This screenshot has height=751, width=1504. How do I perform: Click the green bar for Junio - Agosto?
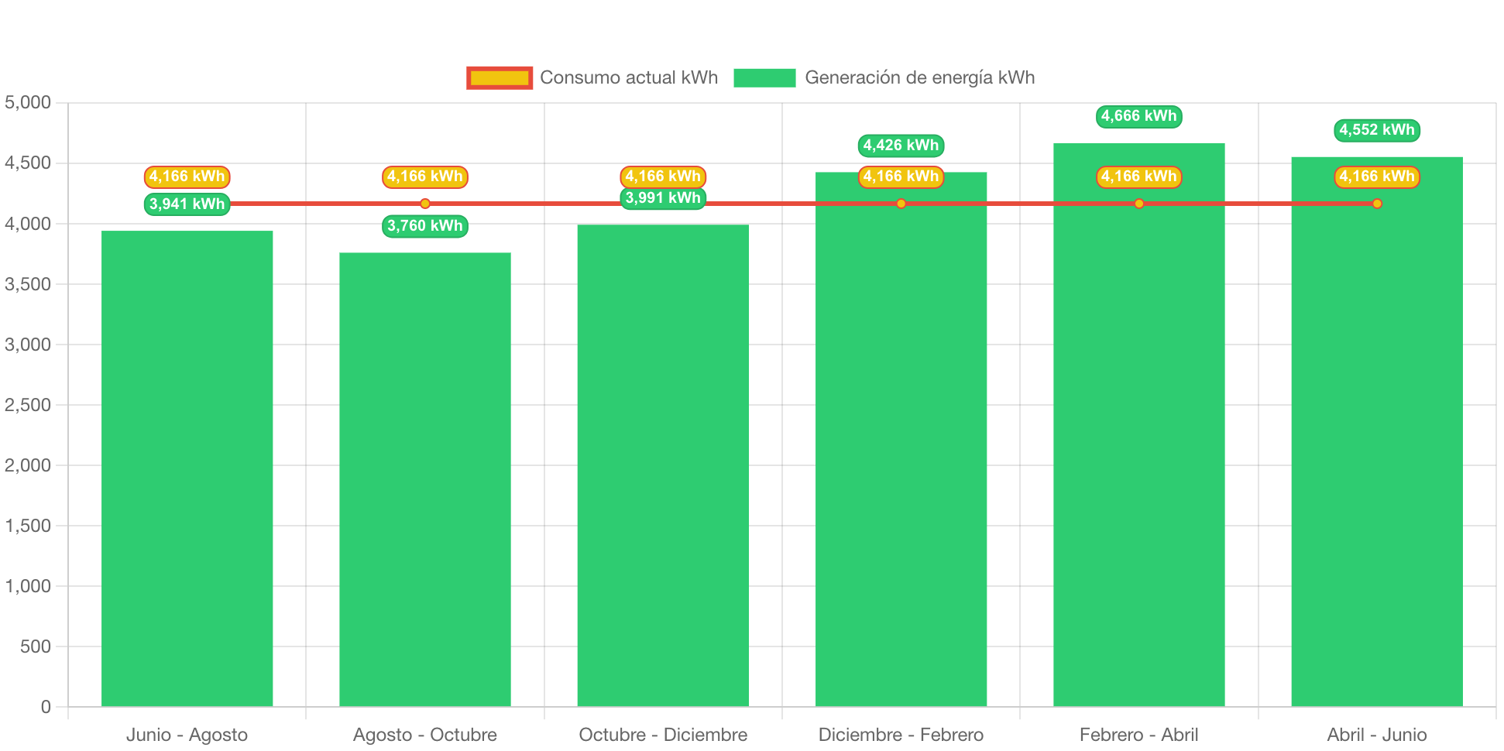tap(187, 468)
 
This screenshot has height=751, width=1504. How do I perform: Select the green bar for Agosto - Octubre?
tap(424, 479)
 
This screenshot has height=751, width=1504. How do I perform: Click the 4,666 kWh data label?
tap(1138, 116)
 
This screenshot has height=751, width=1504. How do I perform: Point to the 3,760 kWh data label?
tap(424, 226)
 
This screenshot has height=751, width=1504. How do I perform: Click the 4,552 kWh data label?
tap(1376, 130)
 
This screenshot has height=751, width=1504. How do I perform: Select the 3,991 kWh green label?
tap(663, 198)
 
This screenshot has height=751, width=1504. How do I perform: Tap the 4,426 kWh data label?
tap(901, 146)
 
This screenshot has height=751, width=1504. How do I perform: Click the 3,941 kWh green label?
tap(187, 204)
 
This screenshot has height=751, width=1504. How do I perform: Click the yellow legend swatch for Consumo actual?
tap(500, 77)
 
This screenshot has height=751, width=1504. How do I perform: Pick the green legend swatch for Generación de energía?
tap(764, 77)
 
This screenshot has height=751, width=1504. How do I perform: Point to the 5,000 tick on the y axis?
tap(28, 102)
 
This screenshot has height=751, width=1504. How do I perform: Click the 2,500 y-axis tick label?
tap(28, 405)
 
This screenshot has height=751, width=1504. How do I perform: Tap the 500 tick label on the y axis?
tap(36, 646)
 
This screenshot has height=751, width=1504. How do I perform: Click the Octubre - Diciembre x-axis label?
tap(663, 735)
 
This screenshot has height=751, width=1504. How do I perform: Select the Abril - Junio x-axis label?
tap(1376, 735)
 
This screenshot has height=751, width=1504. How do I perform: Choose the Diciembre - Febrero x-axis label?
tap(901, 735)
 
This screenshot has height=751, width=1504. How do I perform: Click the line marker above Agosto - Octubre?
tap(424, 204)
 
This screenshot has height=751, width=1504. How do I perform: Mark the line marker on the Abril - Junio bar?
tap(1376, 204)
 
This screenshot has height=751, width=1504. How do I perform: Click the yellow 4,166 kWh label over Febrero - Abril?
tap(1138, 177)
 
